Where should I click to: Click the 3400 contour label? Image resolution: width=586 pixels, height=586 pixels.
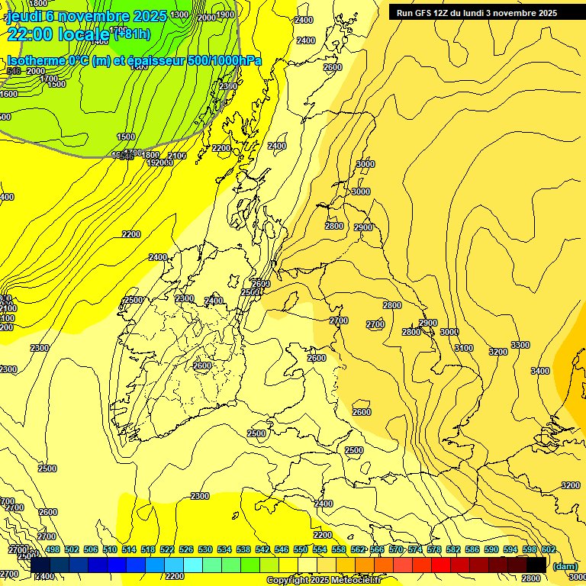[539, 371]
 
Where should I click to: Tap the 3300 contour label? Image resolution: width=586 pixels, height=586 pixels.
[520, 346]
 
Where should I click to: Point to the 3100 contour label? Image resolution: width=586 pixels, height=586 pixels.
[463, 348]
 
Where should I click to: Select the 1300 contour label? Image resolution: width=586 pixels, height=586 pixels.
[180, 14]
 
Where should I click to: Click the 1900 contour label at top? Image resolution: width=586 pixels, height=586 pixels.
[225, 14]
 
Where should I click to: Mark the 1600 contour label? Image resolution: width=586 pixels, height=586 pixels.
[8, 94]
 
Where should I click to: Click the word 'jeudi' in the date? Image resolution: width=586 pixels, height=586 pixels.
[25, 16]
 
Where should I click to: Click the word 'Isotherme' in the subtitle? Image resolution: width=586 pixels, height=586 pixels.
[35, 61]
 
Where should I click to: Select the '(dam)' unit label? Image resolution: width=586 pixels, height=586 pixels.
[565, 566]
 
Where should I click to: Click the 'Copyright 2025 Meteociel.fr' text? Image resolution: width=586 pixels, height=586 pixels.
[324, 581]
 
